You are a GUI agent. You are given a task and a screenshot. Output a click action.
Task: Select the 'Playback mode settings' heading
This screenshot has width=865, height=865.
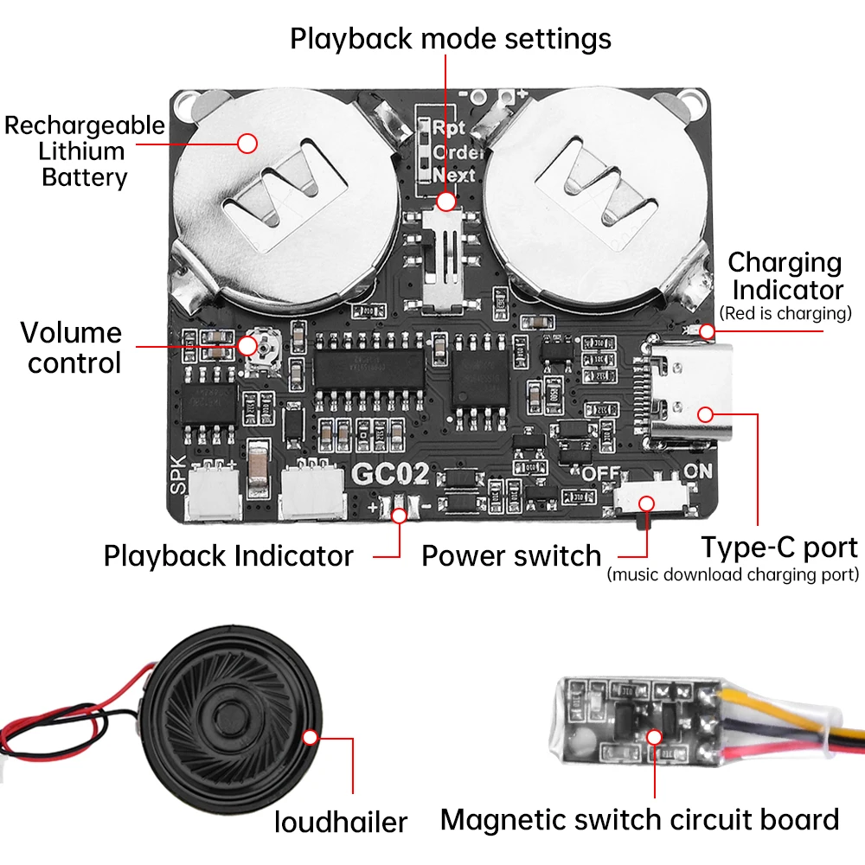[450, 39]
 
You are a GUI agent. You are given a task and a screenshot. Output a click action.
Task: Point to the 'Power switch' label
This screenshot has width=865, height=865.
[510, 555]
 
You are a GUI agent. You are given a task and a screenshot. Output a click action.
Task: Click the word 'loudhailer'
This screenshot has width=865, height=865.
[341, 821]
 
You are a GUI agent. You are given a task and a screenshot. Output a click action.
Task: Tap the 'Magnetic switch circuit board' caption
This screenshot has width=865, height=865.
[639, 819]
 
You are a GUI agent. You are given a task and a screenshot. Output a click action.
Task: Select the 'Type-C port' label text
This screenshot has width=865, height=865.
[778, 548]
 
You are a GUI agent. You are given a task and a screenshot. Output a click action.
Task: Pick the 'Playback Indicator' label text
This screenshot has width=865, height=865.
[228, 555]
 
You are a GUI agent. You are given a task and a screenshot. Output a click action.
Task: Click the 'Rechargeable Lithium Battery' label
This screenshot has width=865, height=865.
[84, 151]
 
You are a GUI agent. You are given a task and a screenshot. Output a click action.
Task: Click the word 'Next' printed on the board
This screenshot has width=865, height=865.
[454, 175]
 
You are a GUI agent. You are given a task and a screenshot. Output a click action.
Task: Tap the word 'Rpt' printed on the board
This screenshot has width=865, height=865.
[450, 128]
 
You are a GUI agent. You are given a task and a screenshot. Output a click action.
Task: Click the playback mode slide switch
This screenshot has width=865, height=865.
[446, 259]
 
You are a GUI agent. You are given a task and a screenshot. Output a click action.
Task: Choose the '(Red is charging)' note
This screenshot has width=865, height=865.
[785, 312]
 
